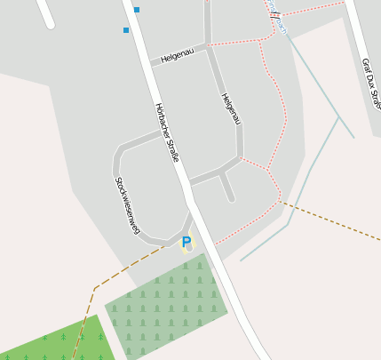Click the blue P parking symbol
187,241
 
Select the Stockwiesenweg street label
127,204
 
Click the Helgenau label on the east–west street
177,56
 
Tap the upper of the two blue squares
137,9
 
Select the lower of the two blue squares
126,30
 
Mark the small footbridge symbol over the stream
276,15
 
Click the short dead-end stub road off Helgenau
227,186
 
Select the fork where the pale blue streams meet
338,116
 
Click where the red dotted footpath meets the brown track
282,201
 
